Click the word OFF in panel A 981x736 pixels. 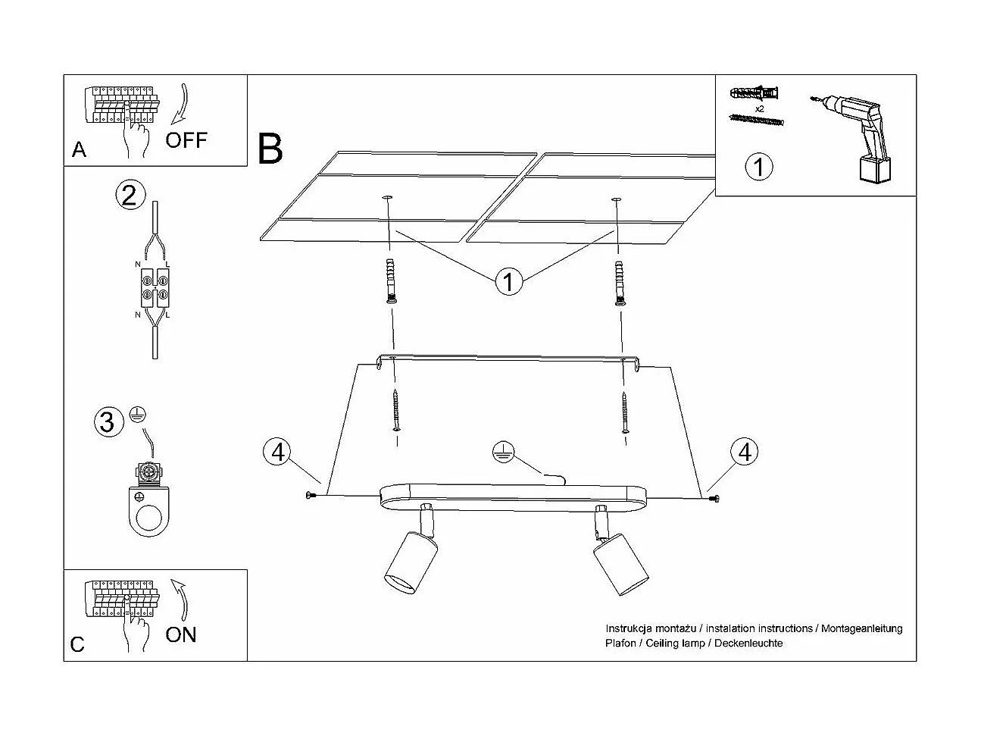click(186, 139)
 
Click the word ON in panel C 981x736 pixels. click(180, 634)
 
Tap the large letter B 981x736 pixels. click(270, 149)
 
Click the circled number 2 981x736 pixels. click(129, 195)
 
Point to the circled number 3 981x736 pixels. click(108, 421)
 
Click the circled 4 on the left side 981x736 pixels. click(278, 452)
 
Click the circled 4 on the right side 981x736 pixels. click(745, 452)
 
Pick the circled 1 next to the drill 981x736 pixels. click(759, 166)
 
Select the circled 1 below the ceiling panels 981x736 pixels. click(508, 282)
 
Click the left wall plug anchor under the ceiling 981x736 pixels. click(391, 280)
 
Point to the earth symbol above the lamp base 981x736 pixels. click(499, 449)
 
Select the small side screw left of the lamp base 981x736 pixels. click(310, 496)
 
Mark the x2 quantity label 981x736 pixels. click(759, 109)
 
